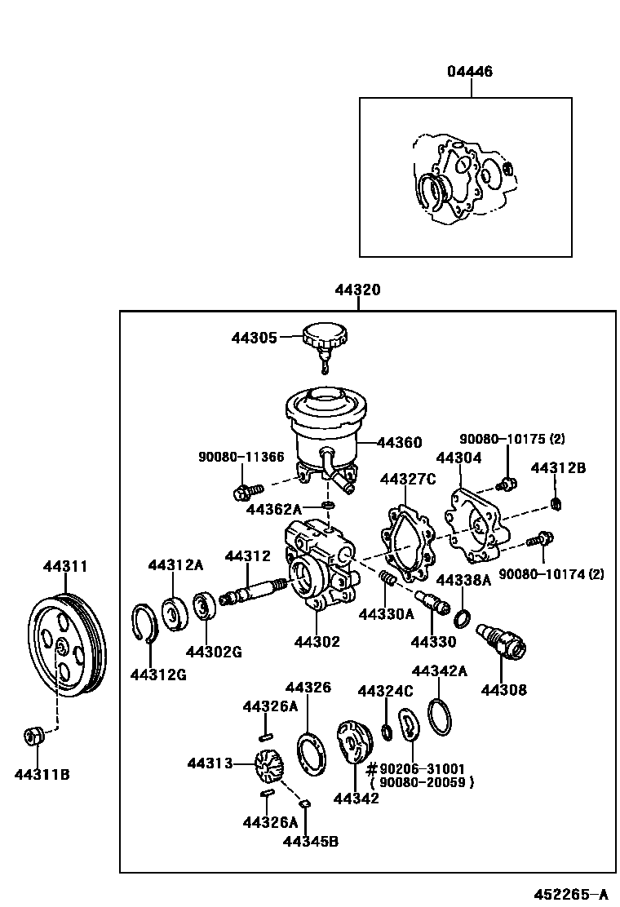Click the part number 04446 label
469,72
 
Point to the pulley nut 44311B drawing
33,736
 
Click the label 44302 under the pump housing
317,643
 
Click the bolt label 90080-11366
241,458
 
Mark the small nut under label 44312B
555,502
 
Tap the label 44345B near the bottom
310,841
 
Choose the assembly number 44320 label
356,290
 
